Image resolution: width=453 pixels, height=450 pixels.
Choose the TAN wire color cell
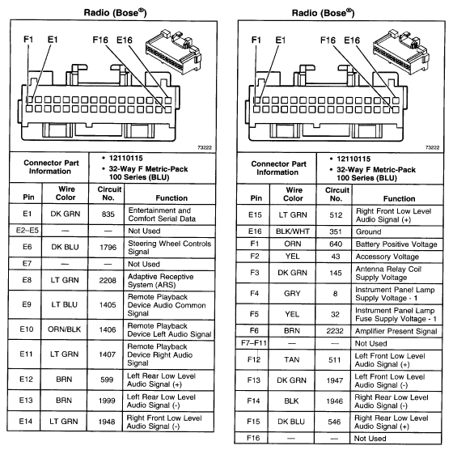(294, 359)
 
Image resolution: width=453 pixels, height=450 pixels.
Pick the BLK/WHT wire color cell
(294, 230)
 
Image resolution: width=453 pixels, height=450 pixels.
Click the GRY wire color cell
(294, 293)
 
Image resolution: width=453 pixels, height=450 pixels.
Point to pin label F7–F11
(256, 343)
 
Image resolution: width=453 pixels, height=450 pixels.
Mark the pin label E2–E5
(28, 231)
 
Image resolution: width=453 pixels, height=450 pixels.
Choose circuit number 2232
(337, 331)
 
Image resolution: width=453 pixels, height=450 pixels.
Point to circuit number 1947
(337, 380)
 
